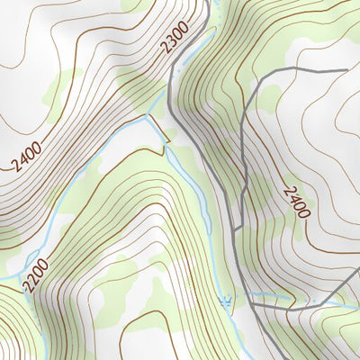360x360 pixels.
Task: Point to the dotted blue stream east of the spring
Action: [x=288, y=296]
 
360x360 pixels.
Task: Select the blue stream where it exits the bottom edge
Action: [x=239, y=356]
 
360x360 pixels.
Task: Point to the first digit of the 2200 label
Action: [x=30, y=286]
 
